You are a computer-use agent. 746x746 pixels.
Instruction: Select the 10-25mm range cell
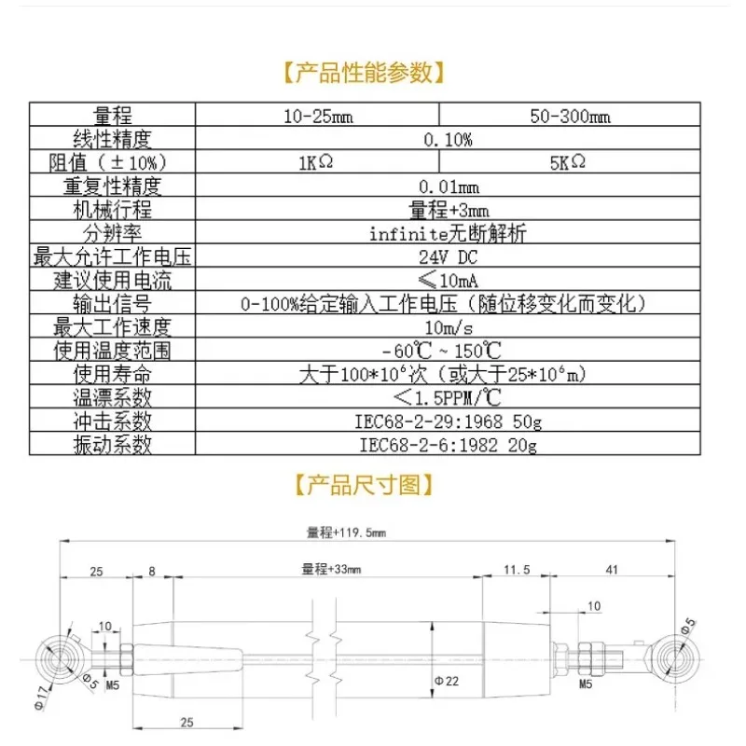pyautogui.click(x=316, y=117)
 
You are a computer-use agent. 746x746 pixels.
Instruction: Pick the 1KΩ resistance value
pyautogui.click(x=316, y=163)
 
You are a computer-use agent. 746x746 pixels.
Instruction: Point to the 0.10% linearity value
pyautogui.click(x=448, y=140)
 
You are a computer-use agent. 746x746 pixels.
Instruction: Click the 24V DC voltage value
pyautogui.click(x=448, y=257)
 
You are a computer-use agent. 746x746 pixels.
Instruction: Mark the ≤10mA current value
pyautogui.click(x=448, y=281)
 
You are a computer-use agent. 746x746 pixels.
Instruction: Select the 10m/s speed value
pyautogui.click(x=448, y=327)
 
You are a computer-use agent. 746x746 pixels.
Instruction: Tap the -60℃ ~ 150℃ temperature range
pyautogui.click(x=448, y=351)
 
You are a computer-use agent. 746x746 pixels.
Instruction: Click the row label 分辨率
pyautogui.click(x=112, y=234)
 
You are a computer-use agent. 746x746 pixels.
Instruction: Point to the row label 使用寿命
pyautogui.click(x=112, y=375)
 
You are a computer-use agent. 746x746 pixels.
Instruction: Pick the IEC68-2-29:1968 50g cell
pyautogui.click(x=448, y=421)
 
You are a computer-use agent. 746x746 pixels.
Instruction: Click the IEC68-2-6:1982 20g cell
pyautogui.click(x=448, y=445)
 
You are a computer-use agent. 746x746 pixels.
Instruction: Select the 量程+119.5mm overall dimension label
pyautogui.click(x=346, y=533)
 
